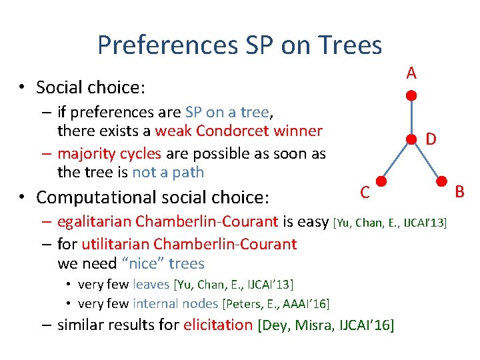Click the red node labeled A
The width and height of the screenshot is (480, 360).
(412, 96)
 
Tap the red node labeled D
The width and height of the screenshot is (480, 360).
(412, 139)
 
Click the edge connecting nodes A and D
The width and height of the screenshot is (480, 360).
(412, 117)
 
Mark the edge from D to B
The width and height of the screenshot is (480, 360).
(427, 160)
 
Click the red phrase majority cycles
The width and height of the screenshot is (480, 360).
(109, 153)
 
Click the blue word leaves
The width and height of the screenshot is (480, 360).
(151, 285)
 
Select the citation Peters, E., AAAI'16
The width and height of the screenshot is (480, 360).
(277, 304)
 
